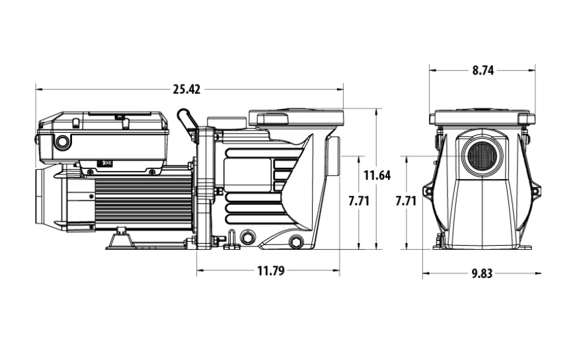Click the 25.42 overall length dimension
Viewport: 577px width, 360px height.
click(x=186, y=89)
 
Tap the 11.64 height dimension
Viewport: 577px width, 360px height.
click(x=377, y=176)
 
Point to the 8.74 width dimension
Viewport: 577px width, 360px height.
click(x=483, y=71)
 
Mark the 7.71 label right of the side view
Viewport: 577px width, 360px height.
click(x=359, y=201)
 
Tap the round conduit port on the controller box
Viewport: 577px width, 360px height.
click(x=63, y=142)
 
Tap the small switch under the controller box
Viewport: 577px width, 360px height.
click(x=104, y=162)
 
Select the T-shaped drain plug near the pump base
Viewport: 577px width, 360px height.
click(x=232, y=242)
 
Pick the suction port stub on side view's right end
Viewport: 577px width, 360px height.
click(x=335, y=155)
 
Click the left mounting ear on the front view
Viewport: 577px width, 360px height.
click(x=427, y=192)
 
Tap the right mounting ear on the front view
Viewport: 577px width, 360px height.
click(x=536, y=192)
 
